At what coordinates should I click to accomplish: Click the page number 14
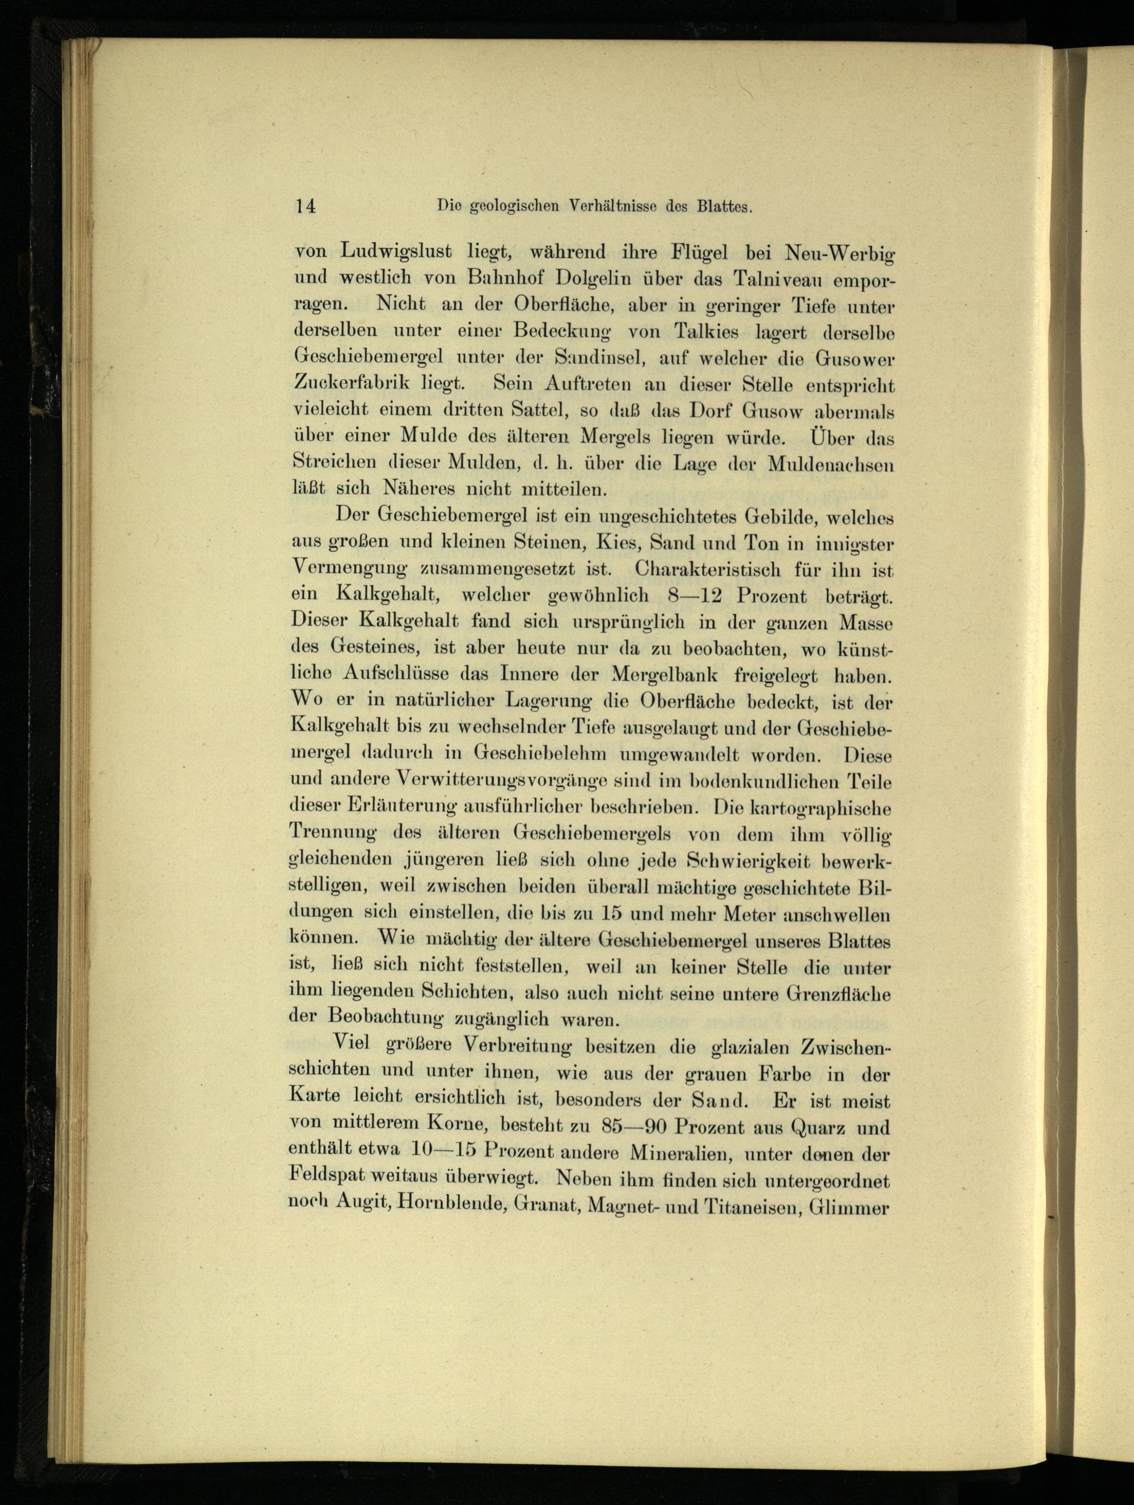(x=304, y=207)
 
